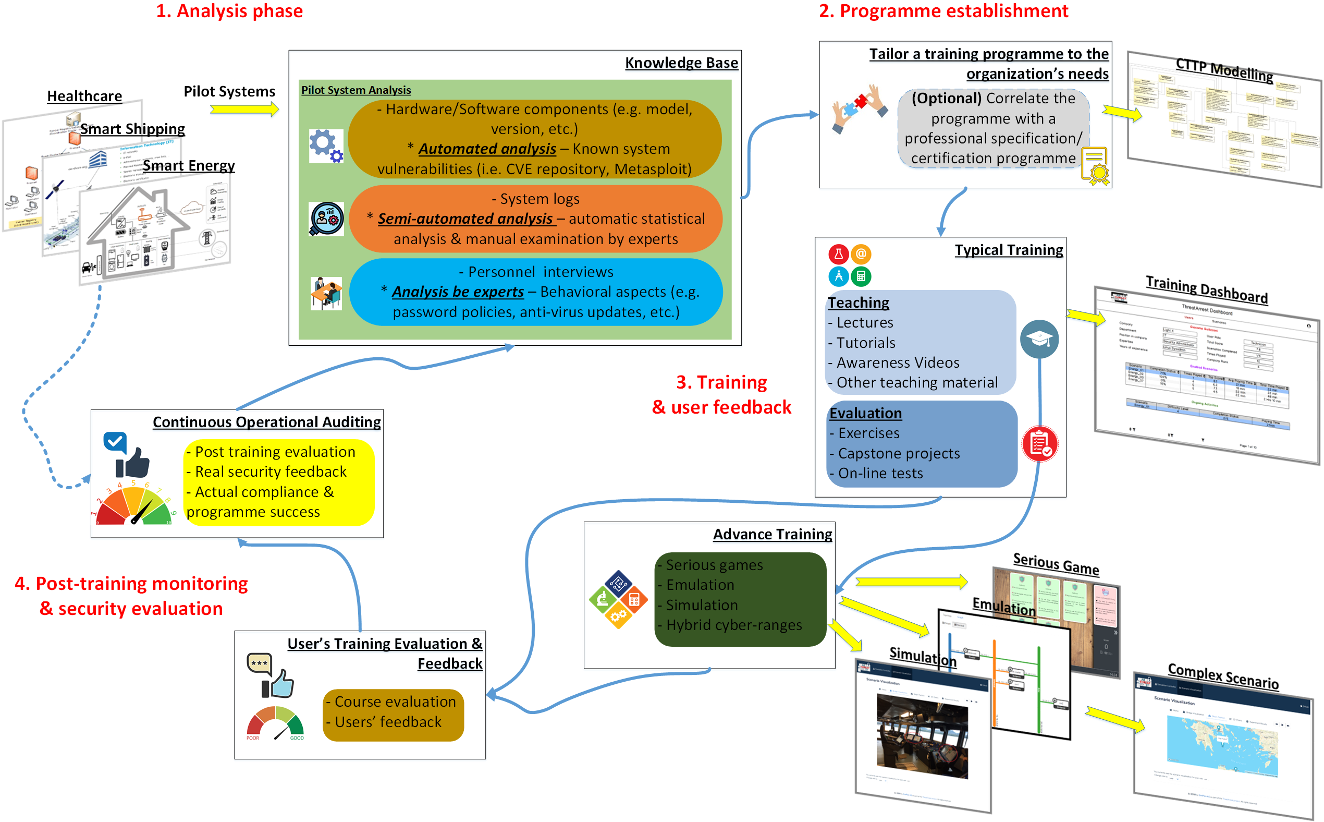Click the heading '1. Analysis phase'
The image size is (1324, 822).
229,11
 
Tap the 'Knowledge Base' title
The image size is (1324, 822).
681,63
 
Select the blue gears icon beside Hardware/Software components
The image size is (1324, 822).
326,146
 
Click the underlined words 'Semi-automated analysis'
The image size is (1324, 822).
465,219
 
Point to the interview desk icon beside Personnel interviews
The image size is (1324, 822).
326,293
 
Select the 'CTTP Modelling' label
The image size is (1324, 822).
1223,70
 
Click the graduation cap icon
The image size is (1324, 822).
1039,339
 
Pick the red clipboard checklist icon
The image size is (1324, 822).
1039,444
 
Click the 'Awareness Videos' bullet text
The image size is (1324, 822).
898,362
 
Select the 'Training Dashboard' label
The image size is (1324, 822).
1206,290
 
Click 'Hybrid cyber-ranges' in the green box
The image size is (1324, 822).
733,625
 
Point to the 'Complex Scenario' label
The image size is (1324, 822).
1222,676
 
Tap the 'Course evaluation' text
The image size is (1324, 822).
395,702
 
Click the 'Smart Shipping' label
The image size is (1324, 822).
132,129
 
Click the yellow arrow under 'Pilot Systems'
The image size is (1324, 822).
244,110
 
